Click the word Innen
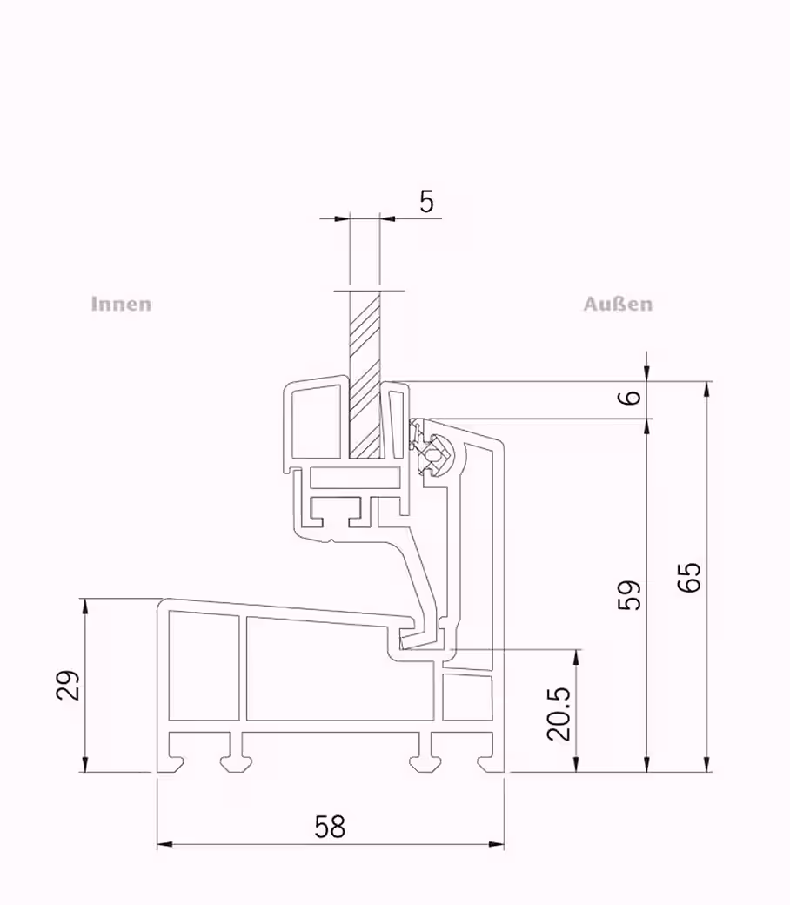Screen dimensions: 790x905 pos(121,305)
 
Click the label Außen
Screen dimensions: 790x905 pos(618,305)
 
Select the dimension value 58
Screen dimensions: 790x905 pos(330,827)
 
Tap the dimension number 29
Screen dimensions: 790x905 pos(68,685)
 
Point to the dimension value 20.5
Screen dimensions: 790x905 pos(559,714)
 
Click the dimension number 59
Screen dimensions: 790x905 pos(630,594)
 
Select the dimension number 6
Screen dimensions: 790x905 pos(633,397)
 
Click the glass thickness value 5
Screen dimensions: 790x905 pos(426,201)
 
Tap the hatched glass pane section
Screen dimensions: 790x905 pos(365,375)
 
